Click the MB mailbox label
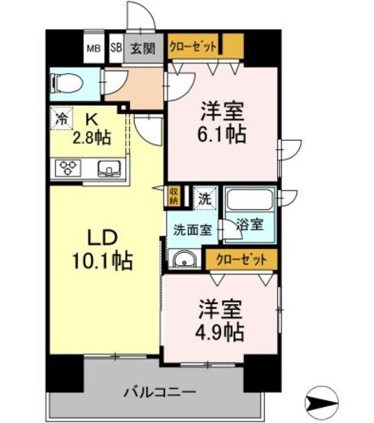pos(94,48)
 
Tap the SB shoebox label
pos(116,48)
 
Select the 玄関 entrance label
pos(143,48)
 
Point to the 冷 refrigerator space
pos(62,117)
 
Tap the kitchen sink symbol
pos(107,169)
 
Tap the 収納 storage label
pos(174,194)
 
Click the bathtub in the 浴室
pos(247,201)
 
